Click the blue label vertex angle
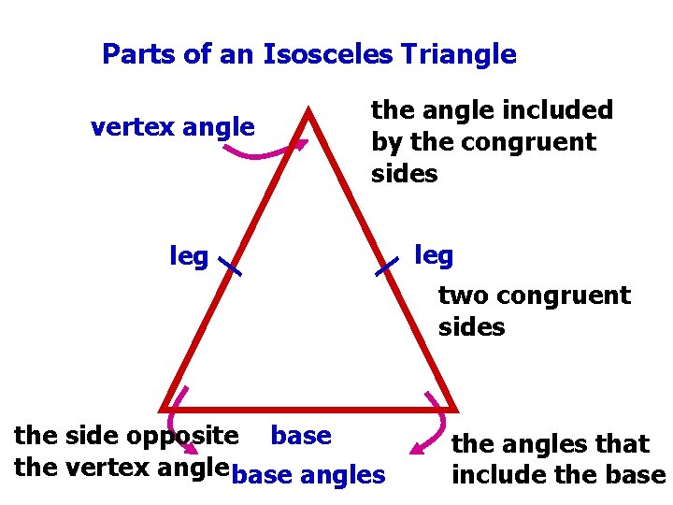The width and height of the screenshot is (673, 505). pos(172,126)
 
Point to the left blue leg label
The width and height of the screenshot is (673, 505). pos(189,255)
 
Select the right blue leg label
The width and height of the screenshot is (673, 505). pos(433,255)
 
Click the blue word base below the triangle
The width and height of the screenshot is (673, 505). pos(300,436)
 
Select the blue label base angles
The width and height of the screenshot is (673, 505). pos(308,475)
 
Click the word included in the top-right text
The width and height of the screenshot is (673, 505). pos(560,110)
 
